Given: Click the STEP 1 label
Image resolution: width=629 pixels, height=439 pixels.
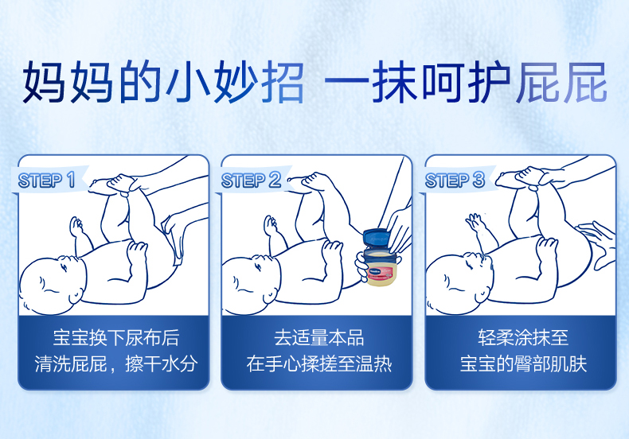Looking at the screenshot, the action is tap(46, 180).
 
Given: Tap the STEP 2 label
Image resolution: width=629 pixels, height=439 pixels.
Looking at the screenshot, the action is tap(251, 180).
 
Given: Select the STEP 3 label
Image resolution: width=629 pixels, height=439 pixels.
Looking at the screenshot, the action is tap(455, 180).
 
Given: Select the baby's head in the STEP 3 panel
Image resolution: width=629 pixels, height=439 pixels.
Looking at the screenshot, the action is tap(459, 284).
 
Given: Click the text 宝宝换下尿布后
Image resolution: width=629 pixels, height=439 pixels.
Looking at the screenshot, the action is tap(116, 338).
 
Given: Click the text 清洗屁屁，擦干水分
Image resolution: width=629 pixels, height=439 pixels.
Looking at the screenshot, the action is tap(116, 363).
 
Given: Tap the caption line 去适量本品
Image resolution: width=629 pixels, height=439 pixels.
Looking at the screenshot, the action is tap(319, 338).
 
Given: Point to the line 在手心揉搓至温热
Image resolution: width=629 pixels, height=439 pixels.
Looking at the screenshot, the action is tap(319, 363).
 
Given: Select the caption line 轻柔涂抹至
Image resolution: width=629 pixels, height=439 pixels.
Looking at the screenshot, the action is tap(523, 338).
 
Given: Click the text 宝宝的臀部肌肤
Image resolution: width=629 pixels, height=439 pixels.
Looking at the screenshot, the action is tap(523, 363).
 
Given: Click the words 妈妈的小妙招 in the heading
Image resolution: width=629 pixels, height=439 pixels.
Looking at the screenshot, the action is tap(163, 82).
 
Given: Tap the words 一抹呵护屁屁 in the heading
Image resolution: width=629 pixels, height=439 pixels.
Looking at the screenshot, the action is tap(465, 82).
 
